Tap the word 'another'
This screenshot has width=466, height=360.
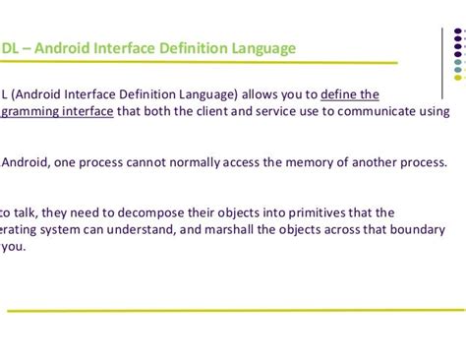369,162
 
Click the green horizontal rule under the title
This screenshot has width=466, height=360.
197,63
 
